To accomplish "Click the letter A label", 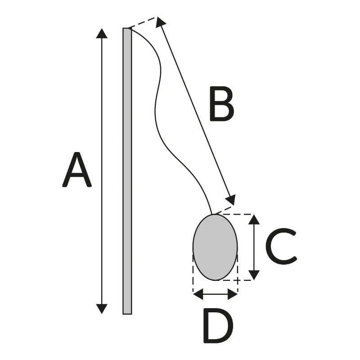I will (x=77, y=170).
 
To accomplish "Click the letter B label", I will (x=221, y=105).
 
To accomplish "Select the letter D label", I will (x=218, y=325).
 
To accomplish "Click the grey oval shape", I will (x=215, y=247).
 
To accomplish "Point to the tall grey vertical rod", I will (x=127, y=171).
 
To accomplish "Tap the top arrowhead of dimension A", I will (x=102, y=33).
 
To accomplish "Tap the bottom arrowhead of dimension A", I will (x=102, y=308).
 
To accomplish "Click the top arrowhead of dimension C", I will (x=254, y=220).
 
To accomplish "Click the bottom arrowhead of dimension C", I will (x=254, y=274).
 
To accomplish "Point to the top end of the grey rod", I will (x=127, y=29).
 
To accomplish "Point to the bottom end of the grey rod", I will (x=127, y=312).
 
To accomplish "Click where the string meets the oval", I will (x=212, y=214).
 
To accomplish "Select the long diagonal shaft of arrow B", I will (x=196, y=110).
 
